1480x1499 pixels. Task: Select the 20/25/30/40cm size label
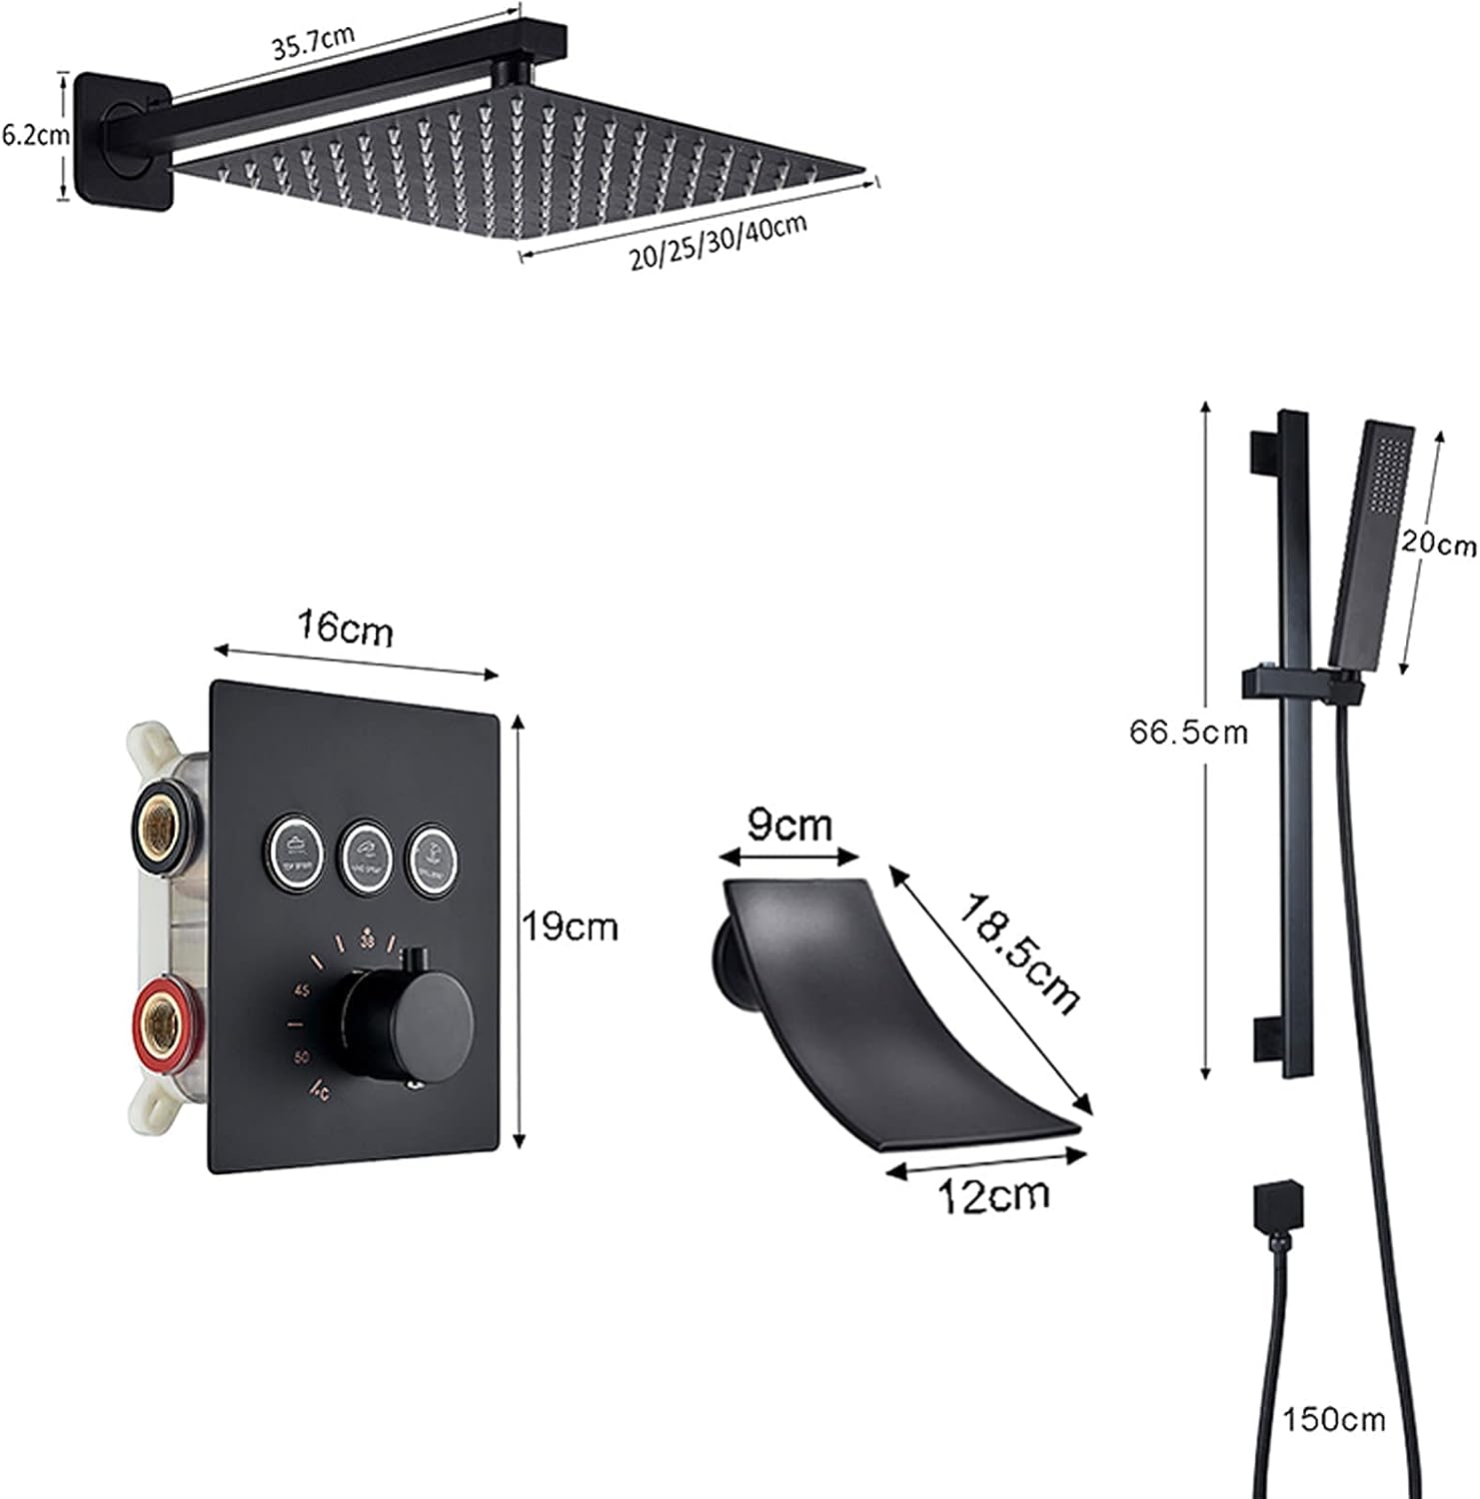[x=718, y=242]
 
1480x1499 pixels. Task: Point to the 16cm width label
[x=346, y=630]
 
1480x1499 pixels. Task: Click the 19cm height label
[x=572, y=927]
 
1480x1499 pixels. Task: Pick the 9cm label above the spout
[x=789, y=826]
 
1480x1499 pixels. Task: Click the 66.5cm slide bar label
[x=1189, y=733]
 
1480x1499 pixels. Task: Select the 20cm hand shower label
[x=1438, y=545]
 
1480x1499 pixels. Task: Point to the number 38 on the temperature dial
[x=368, y=940]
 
